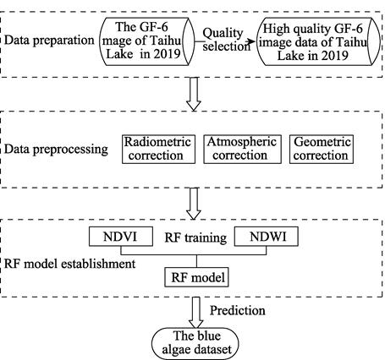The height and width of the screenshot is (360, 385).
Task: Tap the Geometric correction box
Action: [322, 149]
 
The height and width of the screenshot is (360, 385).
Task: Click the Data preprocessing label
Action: [55, 150]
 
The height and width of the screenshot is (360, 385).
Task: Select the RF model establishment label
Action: [71, 263]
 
